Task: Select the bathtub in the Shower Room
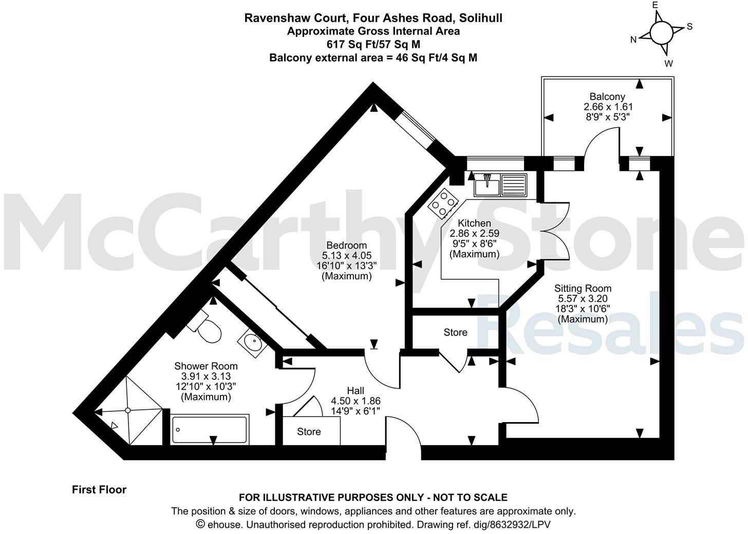tap(210, 430)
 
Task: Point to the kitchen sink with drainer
tap(500, 185)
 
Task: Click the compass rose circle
tap(661, 33)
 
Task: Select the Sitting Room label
tap(583, 288)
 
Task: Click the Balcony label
tap(607, 97)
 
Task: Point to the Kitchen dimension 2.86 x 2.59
tap(474, 233)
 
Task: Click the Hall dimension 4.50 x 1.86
tap(356, 400)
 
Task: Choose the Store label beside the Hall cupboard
tap(309, 432)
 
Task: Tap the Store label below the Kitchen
tap(455, 332)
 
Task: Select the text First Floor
tap(99, 489)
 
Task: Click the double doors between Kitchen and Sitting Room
tap(555, 231)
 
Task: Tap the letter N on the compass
tap(634, 40)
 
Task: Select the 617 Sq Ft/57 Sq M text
tap(373, 44)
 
